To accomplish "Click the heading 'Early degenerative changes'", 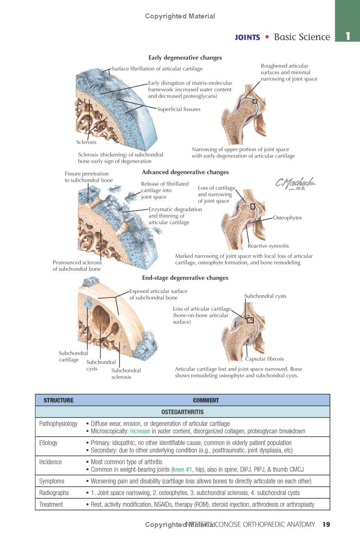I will [185, 58].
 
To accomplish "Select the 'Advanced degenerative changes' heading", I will [185, 172].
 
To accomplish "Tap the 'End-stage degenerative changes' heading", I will [185, 278].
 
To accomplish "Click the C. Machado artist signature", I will [295, 184].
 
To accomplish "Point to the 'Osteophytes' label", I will [287, 218].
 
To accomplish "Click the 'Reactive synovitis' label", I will [268, 246].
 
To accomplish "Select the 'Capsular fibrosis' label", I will [265, 359].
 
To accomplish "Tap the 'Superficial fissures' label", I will [179, 109].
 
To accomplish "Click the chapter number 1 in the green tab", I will [347, 36].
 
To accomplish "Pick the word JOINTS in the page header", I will [247, 38].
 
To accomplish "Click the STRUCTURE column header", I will [58, 400].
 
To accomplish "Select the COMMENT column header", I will [206, 400].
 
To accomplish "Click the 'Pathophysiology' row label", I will [58, 423].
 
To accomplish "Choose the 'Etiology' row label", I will [49, 443].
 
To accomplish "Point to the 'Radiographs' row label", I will [54, 493].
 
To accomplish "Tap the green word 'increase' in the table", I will [140, 431].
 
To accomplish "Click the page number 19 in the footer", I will [326, 524].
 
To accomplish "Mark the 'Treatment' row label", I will [51, 504].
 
